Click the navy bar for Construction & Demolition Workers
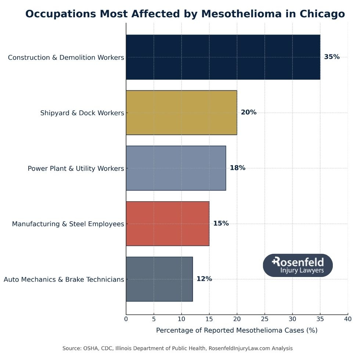pos(223,57)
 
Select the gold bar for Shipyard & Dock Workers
pos(181,112)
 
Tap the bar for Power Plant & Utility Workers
pos(176,168)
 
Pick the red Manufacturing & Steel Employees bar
pos(168,223)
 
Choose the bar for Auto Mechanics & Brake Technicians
pos(159,279)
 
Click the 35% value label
pos(332,57)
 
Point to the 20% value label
pos(249,112)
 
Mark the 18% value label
pos(238,168)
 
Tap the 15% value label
pos(221,223)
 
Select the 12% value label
pos(204,279)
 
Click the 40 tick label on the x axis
pos(348,319)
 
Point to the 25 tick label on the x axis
pos(264,319)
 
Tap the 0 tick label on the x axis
pos(126,319)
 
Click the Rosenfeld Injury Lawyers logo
pos(298,265)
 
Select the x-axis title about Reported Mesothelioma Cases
pos(237,330)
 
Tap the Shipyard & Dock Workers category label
pos(82,113)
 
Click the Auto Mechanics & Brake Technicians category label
pos(64,280)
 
